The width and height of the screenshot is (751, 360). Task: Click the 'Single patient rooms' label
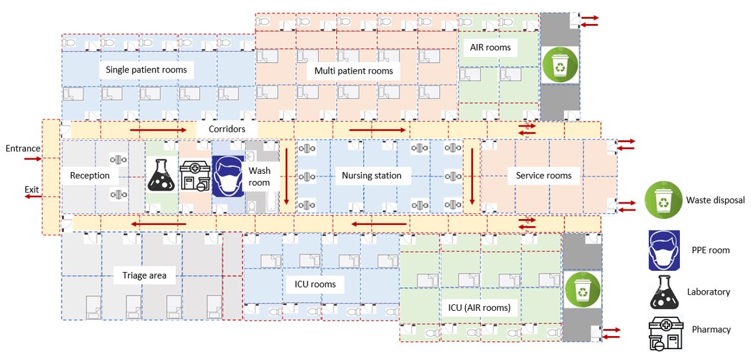click(146, 69)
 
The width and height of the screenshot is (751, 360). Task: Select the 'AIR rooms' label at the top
click(487, 47)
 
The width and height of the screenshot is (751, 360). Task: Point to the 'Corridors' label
click(226, 129)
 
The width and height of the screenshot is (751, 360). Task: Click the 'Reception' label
click(90, 175)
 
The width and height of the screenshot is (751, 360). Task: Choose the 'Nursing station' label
click(372, 175)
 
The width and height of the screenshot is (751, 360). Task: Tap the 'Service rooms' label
click(543, 175)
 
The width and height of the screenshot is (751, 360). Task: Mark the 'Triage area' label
click(144, 275)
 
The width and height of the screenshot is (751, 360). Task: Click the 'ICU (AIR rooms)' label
click(479, 308)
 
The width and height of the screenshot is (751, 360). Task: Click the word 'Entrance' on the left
click(23, 149)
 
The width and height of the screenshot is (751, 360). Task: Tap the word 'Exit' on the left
click(32, 189)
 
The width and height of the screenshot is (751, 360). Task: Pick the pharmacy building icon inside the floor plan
click(195, 176)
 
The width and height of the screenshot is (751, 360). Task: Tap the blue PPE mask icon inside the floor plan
click(227, 176)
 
